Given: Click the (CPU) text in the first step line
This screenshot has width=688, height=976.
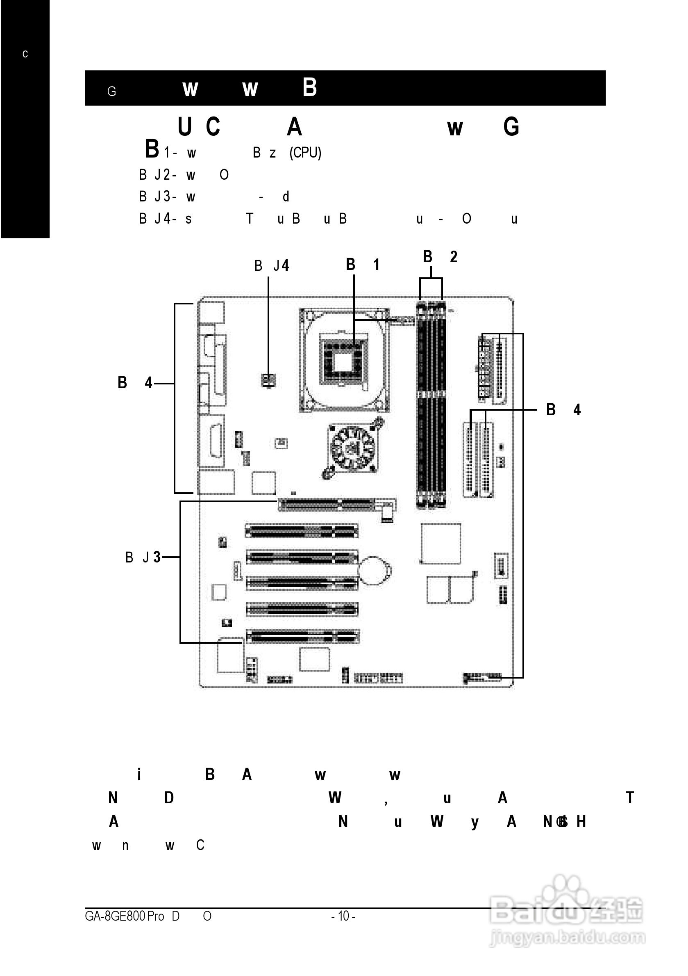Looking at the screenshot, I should tap(305, 153).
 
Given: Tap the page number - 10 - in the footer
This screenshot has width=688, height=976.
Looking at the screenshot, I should tap(343, 916).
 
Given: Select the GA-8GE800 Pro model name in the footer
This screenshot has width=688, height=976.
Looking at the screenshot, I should tap(125, 916).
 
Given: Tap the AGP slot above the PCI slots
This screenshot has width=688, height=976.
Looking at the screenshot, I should tap(331, 505).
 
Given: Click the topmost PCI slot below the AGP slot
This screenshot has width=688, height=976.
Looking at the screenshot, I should tap(302, 531).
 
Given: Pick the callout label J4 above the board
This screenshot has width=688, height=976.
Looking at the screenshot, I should tap(281, 266).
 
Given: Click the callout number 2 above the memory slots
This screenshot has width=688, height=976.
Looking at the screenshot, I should tap(454, 257).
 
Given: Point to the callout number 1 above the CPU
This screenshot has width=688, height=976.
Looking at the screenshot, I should tap(376, 265).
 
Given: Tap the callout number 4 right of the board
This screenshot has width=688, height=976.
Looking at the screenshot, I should tap(577, 410).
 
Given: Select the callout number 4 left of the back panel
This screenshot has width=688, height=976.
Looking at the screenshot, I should tap(148, 383).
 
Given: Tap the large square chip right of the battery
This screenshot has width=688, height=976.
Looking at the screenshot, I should tap(441, 544).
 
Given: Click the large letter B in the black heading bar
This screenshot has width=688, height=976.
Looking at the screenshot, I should tap(310, 87).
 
